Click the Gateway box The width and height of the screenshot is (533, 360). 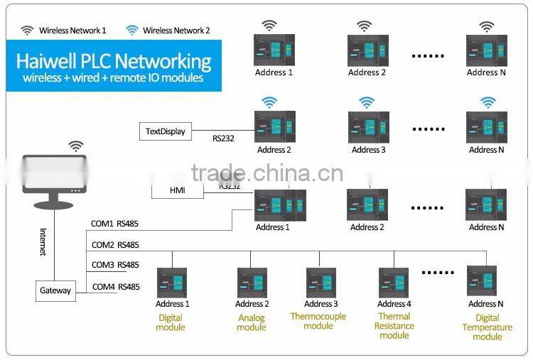(55, 290)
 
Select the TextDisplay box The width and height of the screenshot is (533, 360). (165, 131)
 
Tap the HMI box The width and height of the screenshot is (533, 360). (177, 191)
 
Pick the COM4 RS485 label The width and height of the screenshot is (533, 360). (115, 287)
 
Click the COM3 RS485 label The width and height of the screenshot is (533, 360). (115, 265)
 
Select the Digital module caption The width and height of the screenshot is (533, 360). (171, 322)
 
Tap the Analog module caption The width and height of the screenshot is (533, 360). (252, 322)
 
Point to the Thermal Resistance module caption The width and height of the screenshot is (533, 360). (394, 326)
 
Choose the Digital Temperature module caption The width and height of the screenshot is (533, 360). (487, 327)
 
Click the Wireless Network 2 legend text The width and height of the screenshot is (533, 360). (176, 31)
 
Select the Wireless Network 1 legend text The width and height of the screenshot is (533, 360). (72, 31)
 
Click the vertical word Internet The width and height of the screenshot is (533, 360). (43, 241)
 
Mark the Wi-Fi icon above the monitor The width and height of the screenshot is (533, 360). (75, 146)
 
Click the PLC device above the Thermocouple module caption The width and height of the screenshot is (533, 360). (321, 283)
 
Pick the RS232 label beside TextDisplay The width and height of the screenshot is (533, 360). (223, 138)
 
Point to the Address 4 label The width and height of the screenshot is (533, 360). (394, 304)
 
